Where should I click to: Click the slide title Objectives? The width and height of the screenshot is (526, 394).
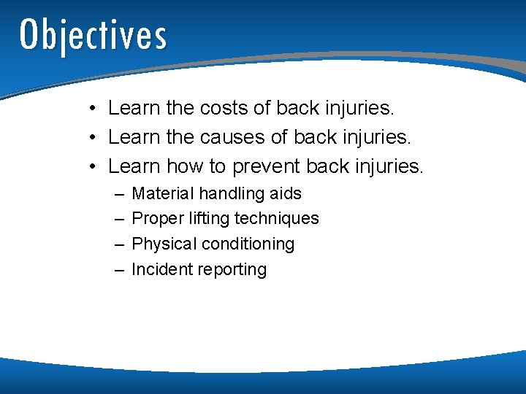click(93, 34)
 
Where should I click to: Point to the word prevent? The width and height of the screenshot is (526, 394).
click(266, 167)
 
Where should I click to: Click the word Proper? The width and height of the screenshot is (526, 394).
click(156, 219)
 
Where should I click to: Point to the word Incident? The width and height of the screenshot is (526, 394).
click(159, 270)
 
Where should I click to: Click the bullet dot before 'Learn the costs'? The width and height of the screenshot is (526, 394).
click(94, 109)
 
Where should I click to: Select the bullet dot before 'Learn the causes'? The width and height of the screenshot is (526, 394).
click(94, 139)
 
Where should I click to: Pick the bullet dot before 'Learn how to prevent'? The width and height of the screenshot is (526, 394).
click(94, 168)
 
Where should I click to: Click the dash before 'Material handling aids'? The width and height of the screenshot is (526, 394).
click(119, 195)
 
